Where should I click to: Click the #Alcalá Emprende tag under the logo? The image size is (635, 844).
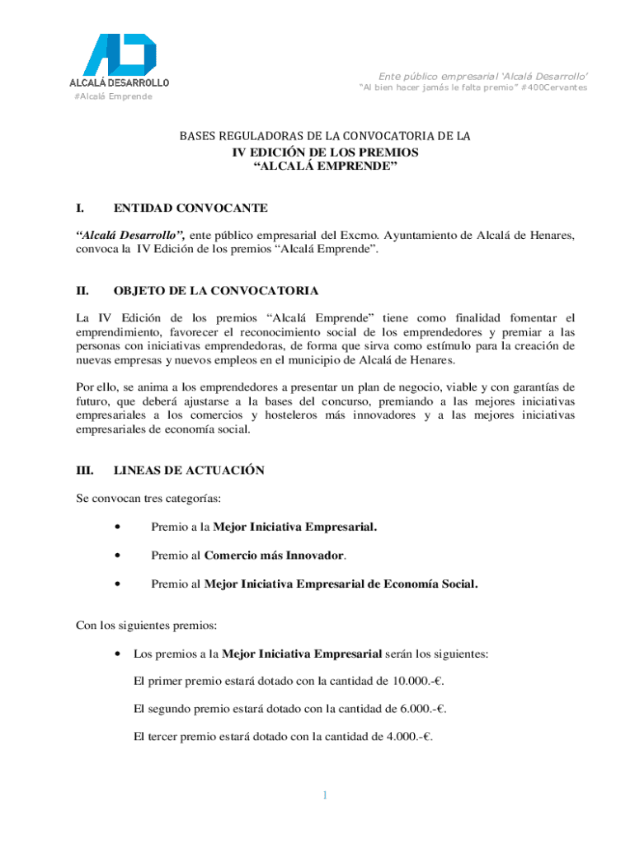[113, 96]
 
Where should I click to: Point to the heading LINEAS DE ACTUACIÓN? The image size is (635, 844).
[189, 470]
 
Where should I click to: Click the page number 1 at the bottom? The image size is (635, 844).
[325, 795]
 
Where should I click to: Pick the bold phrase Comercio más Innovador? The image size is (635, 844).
[275, 555]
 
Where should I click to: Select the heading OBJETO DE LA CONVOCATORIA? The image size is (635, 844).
[215, 291]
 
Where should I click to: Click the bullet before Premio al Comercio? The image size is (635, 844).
[120, 555]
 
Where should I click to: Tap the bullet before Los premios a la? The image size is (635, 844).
[120, 654]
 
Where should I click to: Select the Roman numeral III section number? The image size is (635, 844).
[84, 470]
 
